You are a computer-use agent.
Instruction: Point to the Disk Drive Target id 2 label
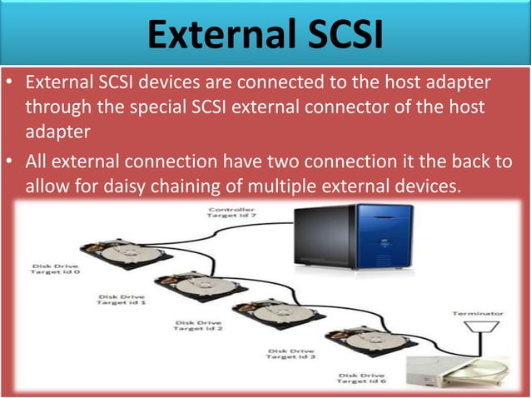(198, 325)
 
